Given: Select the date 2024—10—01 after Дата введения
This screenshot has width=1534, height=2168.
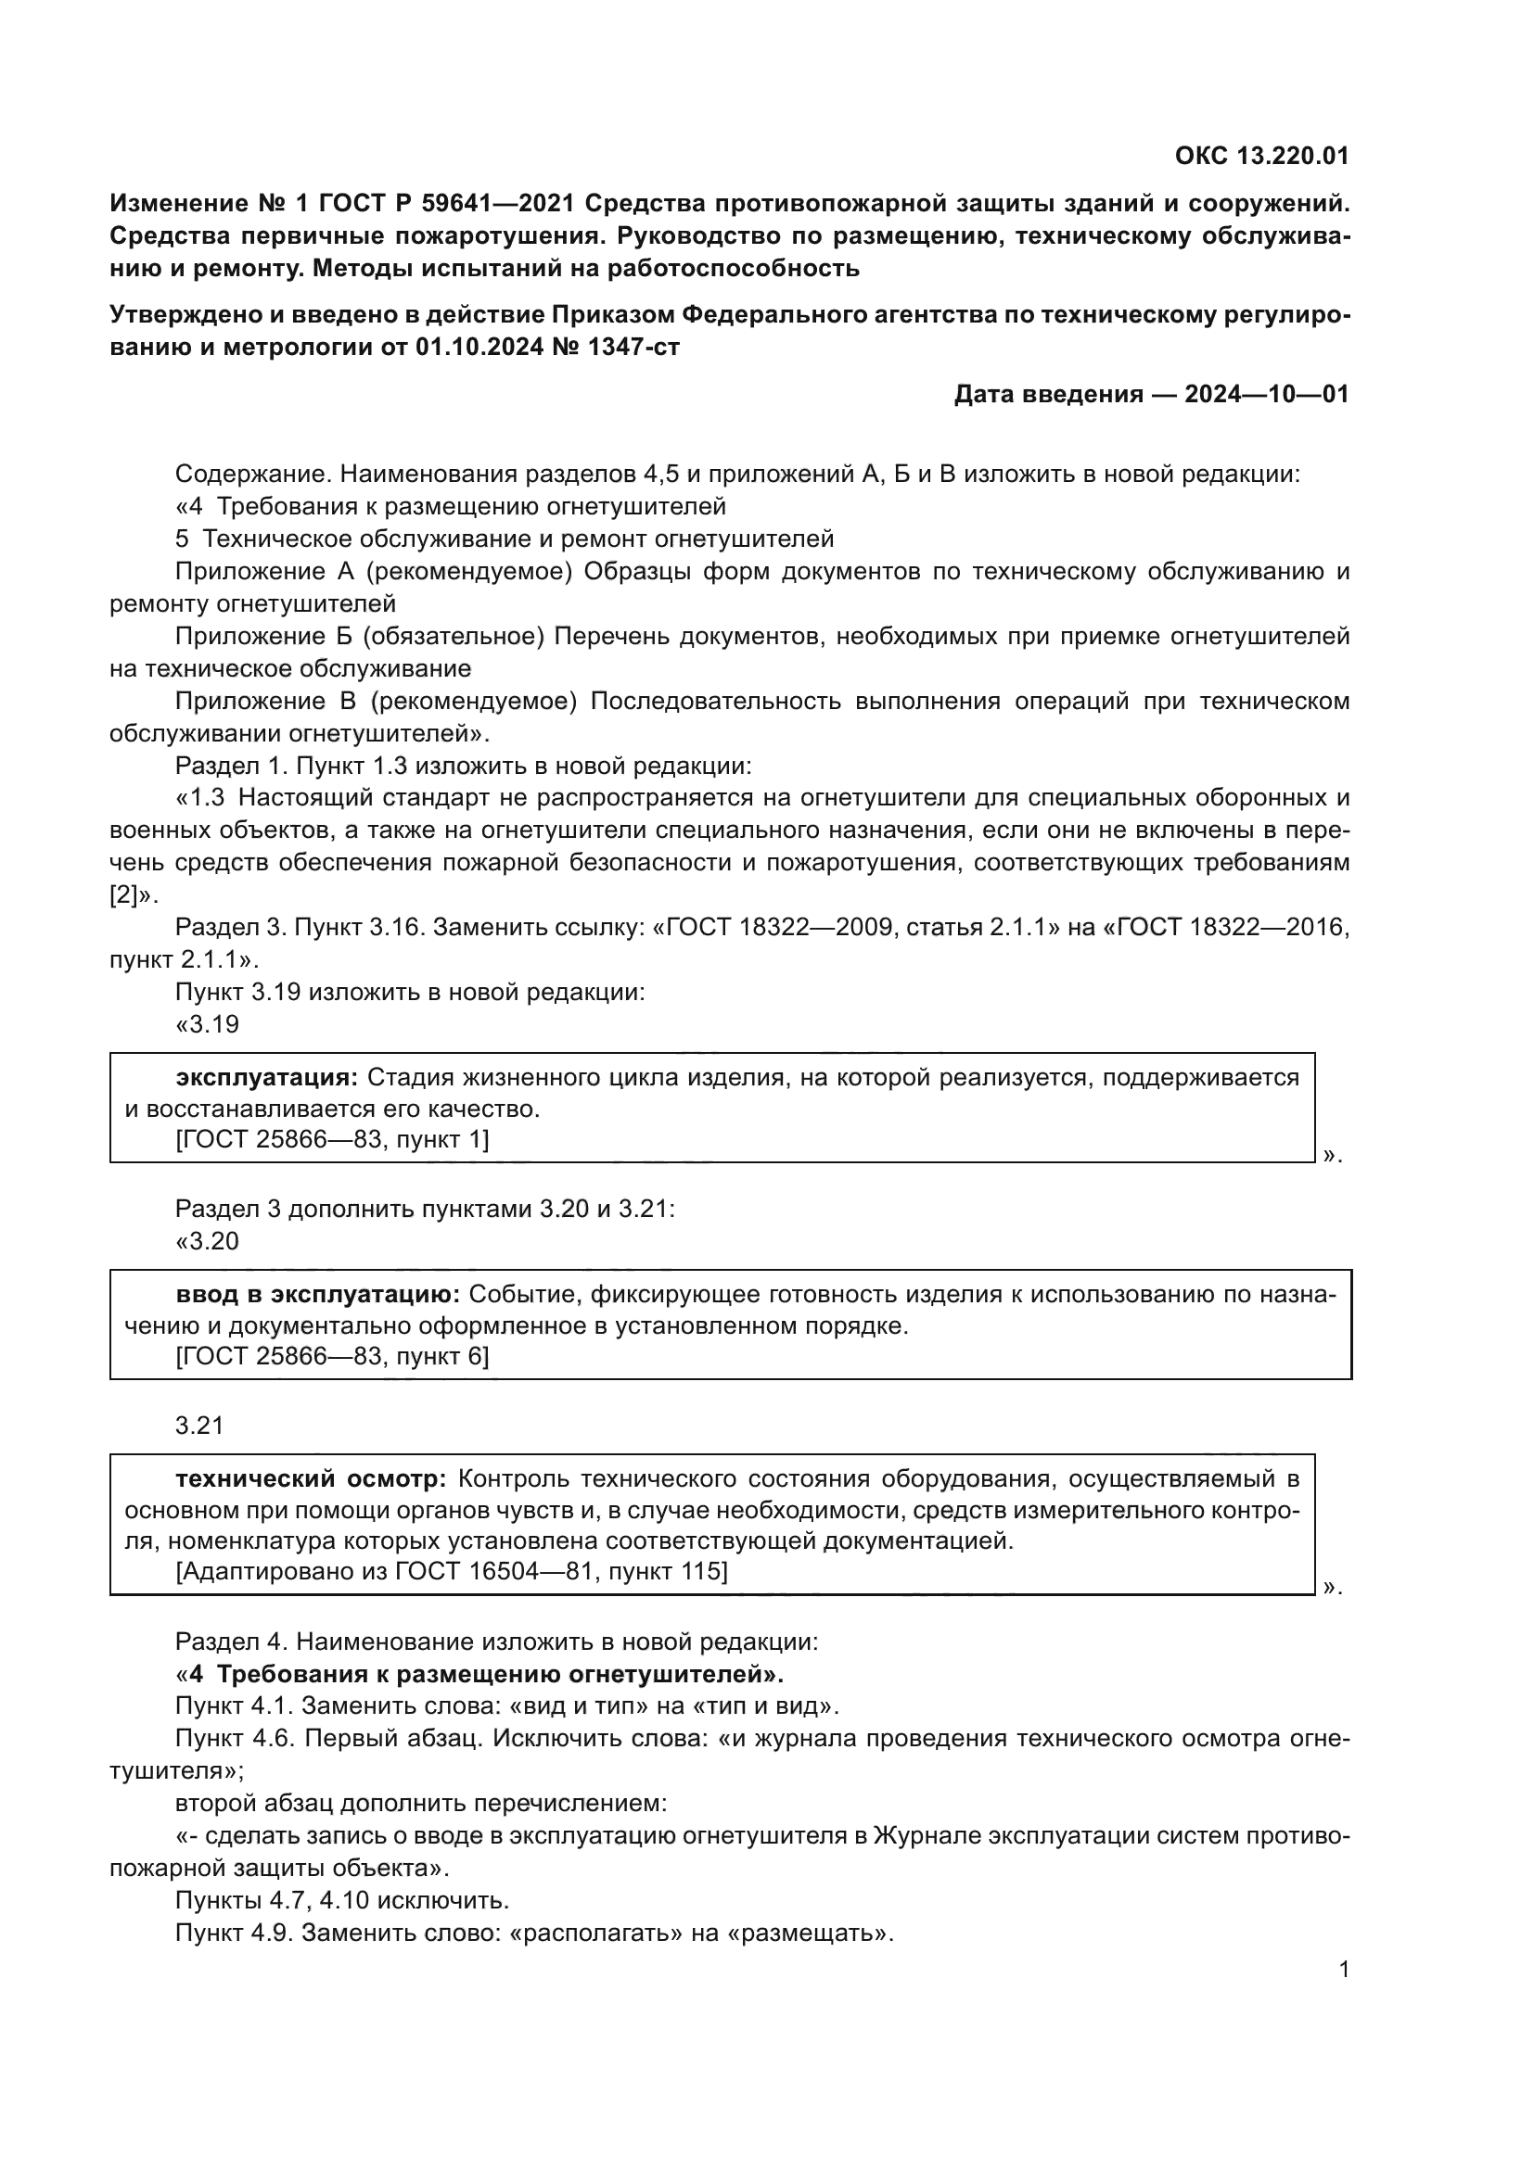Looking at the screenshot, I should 1266,394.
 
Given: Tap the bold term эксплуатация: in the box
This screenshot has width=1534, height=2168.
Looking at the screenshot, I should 267,1077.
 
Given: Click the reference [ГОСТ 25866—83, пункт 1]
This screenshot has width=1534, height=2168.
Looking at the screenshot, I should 333,1140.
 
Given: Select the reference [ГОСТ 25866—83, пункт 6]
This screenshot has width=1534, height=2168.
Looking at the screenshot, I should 333,1356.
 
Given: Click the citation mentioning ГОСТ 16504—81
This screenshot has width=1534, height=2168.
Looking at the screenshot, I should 452,1570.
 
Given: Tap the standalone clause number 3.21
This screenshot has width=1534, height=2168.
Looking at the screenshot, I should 199,1425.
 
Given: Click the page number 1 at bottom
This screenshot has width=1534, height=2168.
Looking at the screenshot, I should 1344,1970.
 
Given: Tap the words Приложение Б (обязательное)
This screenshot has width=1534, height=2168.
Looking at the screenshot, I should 360,637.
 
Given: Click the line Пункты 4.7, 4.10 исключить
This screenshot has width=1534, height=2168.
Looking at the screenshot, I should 342,1901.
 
